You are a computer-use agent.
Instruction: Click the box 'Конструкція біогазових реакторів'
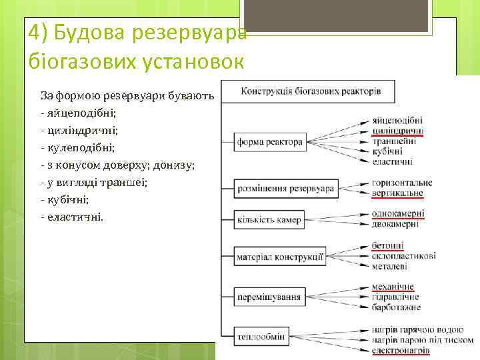point(310,91)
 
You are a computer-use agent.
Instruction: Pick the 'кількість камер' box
point(269,220)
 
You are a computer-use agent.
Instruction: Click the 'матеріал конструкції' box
point(281,256)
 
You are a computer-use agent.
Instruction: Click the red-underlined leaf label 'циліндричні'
point(398,131)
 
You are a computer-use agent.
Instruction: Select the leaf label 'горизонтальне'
point(402,183)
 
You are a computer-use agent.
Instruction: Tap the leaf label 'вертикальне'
point(397,193)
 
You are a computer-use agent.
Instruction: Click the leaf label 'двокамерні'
point(396,224)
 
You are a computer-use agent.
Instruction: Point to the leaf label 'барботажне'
point(397,307)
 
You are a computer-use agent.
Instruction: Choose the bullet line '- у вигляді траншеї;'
point(94,182)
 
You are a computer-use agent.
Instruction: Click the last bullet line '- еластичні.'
point(72,217)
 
